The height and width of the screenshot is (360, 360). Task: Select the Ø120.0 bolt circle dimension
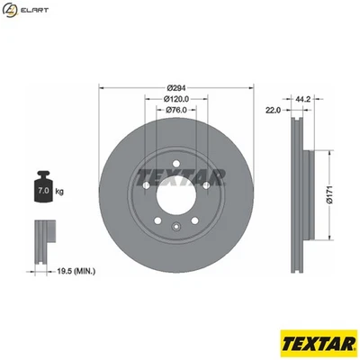175,99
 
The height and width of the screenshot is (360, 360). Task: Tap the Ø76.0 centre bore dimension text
175,110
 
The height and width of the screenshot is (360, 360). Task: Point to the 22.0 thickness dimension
273,110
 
